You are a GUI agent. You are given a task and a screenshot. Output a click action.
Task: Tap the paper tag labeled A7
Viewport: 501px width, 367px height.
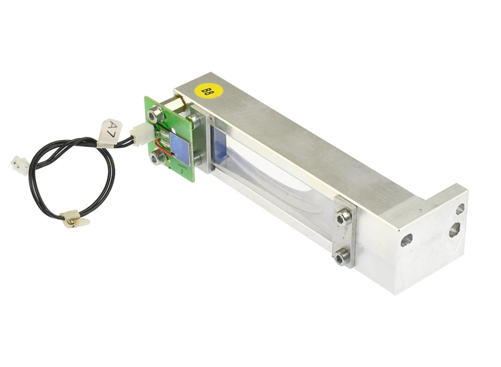110,133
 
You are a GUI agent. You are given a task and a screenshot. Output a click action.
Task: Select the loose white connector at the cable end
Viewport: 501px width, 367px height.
19,165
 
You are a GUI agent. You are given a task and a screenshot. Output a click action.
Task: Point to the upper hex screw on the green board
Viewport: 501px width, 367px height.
155,113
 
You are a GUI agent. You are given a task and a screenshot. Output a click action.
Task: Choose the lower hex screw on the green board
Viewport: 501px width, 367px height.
157,157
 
